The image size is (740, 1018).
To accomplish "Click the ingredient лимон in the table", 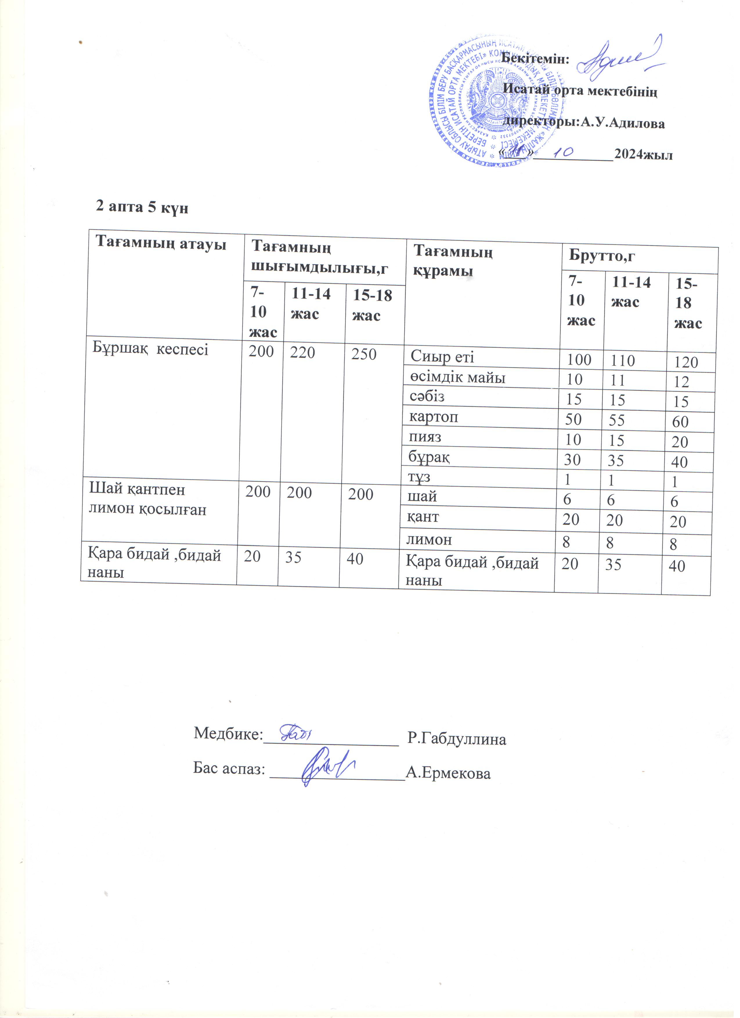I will pyautogui.click(x=429, y=539).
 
